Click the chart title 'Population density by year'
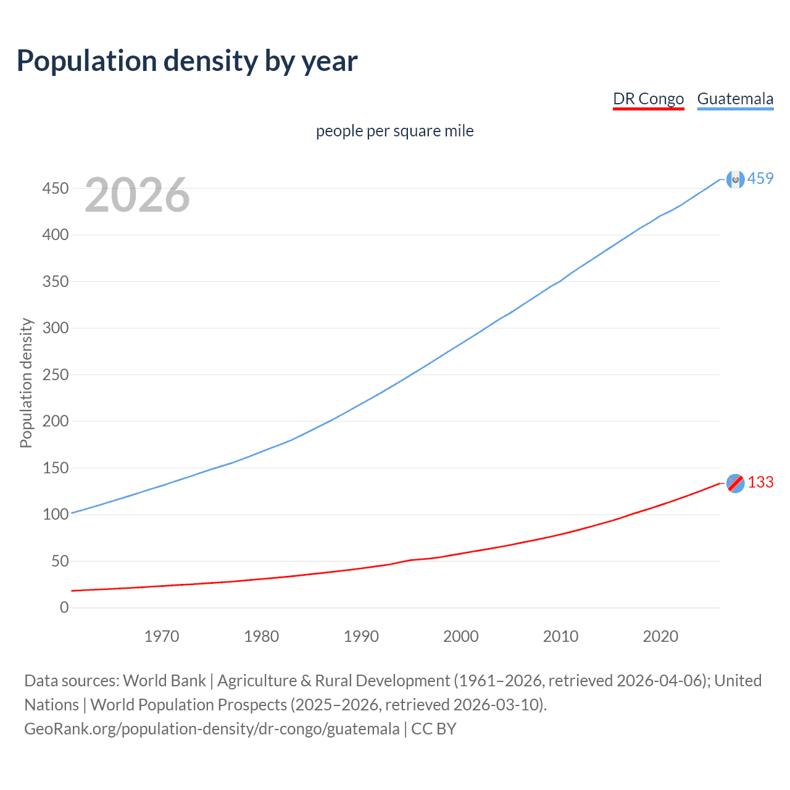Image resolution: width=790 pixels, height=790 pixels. coord(187,61)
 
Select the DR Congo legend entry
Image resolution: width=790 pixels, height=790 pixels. coord(648,99)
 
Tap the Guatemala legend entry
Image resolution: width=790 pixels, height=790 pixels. coord(735,99)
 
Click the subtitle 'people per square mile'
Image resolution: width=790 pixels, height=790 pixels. coord(394,131)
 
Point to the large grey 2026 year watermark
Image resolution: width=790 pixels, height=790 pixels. coord(137,196)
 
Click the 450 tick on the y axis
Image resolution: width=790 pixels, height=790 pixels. coord(56,188)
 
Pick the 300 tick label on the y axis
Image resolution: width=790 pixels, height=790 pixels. coord(56,328)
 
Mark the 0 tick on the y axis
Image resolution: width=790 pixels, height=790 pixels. coord(64,607)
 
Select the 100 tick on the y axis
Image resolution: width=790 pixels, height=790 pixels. coord(56,514)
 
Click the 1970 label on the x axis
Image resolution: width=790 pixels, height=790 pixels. coord(162,636)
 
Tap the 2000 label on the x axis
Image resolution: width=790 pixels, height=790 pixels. coord(460,636)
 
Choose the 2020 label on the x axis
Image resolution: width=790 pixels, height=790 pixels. coord(660,636)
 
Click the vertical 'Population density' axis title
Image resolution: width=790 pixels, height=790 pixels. coord(26,383)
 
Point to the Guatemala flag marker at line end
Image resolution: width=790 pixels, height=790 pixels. coord(735,179)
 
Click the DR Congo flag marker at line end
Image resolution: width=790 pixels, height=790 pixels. coord(735,483)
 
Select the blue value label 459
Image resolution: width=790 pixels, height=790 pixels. coord(760,178)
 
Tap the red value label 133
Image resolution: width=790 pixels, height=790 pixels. coord(760,482)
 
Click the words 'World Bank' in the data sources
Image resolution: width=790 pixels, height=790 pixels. coord(164,681)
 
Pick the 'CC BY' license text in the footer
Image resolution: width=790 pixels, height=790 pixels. coord(434,729)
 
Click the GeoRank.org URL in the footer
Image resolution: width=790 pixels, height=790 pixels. coord(212,729)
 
